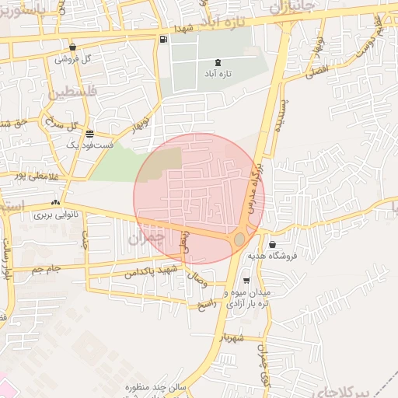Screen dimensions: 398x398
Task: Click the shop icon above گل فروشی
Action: (x=72, y=47)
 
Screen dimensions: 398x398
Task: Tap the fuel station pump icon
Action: (x=162, y=40)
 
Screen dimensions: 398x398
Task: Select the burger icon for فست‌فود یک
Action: (x=90, y=133)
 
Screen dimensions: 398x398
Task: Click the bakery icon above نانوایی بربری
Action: (x=55, y=202)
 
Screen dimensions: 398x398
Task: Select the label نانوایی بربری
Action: (x=55, y=214)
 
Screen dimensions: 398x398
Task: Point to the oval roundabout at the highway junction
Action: (x=239, y=239)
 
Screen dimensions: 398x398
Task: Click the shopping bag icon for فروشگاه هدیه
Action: (x=272, y=245)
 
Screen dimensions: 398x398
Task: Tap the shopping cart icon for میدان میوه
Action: (x=246, y=281)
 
